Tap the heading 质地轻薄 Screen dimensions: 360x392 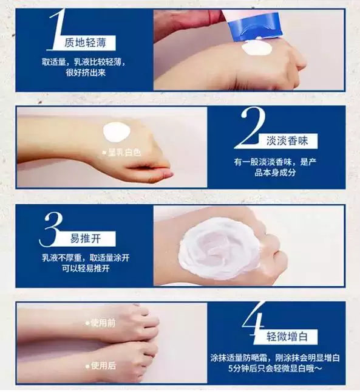point(85,43)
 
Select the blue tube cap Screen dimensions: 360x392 point(255,26)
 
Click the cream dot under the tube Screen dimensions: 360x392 point(257,48)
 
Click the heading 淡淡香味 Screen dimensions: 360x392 point(287,141)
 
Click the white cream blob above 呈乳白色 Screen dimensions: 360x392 point(117,132)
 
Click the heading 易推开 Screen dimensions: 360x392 point(85,239)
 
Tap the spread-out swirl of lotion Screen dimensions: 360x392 point(219,248)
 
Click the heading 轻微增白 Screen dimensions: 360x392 point(287,337)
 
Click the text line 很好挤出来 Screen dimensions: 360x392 point(86,73)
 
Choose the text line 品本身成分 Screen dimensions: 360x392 point(275,173)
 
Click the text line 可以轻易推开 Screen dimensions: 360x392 point(86,269)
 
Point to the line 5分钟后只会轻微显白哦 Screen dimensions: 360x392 point(275,368)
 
